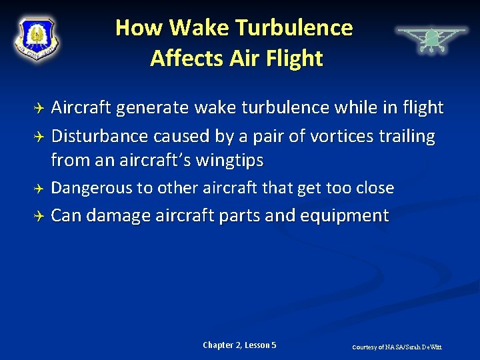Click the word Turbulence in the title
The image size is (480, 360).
pyautogui.click(x=293, y=28)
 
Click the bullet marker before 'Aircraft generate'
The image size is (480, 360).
pyautogui.click(x=39, y=108)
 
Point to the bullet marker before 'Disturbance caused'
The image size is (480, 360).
pyautogui.click(x=39, y=137)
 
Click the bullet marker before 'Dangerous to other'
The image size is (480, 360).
pyautogui.click(x=39, y=189)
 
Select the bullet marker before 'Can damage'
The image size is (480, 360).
pyautogui.click(x=39, y=216)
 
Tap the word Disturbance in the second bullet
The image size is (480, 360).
pyautogui.click(x=99, y=137)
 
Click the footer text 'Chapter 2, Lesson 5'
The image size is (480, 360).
pyautogui.click(x=239, y=345)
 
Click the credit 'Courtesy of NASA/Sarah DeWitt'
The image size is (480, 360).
pyautogui.click(x=397, y=347)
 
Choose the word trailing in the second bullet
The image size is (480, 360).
pyautogui.click(x=407, y=137)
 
